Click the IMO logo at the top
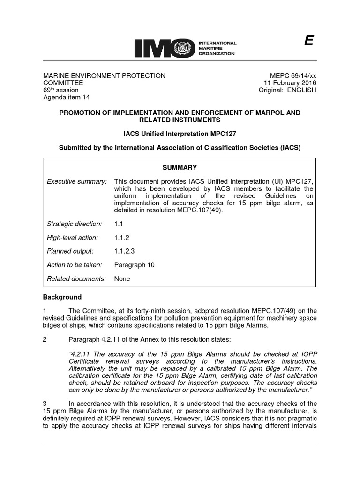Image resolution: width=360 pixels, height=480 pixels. (x=185, y=48)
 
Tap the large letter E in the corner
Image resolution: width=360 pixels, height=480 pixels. (x=308, y=41)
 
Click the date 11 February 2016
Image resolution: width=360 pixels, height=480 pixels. (x=290, y=83)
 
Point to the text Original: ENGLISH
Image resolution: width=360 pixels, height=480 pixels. (x=287, y=90)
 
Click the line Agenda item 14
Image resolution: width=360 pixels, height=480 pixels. (x=67, y=97)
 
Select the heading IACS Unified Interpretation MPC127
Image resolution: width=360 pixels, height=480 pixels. (x=180, y=134)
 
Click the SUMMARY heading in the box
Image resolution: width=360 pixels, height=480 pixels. (x=180, y=167)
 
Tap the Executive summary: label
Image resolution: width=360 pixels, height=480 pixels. (x=77, y=181)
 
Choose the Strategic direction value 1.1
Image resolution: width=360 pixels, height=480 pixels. (x=119, y=224)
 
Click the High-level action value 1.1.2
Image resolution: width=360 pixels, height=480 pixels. (x=121, y=238)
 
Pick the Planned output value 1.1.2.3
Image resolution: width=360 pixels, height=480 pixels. (x=124, y=251)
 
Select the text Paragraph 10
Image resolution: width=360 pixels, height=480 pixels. (x=134, y=265)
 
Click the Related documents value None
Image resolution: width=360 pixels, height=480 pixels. (x=122, y=278)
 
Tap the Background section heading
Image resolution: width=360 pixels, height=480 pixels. (x=62, y=297)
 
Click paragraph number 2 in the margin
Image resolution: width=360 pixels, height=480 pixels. (x=45, y=340)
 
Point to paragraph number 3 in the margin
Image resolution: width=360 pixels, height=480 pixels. (x=45, y=404)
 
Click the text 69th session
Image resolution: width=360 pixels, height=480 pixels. (x=61, y=90)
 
